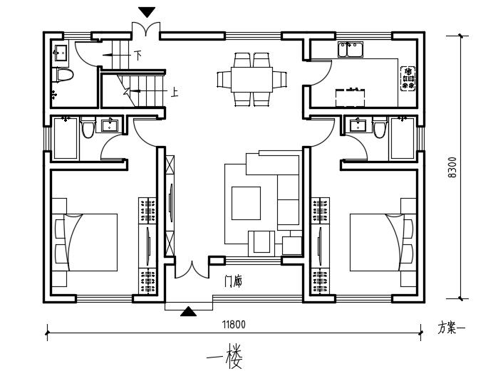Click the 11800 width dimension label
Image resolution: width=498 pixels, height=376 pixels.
[234, 325]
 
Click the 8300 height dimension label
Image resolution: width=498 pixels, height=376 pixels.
[452, 167]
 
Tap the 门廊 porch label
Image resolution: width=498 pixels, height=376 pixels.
[234, 282]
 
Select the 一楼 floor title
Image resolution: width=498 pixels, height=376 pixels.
[224, 358]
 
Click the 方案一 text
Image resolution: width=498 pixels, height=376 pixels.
[451, 328]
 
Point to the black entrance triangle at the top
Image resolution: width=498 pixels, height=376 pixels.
[147, 12]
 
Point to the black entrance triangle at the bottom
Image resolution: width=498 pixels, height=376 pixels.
[189, 311]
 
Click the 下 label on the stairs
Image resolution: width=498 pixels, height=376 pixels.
[138, 56]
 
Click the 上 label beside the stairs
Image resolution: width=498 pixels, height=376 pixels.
[175, 92]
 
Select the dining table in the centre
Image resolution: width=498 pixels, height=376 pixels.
[252, 79]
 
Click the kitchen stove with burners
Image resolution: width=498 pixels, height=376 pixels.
[408, 78]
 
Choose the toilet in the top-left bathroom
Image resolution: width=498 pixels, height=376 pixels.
[65, 75]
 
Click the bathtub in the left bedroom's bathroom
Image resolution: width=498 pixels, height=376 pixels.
[66, 138]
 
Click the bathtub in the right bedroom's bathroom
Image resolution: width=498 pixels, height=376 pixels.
[403, 138]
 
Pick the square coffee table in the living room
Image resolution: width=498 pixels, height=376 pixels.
[246, 203]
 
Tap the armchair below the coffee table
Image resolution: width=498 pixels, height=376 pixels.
[261, 244]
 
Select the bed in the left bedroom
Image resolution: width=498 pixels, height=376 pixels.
[85, 242]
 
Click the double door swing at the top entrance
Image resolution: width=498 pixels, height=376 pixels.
[146, 28]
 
